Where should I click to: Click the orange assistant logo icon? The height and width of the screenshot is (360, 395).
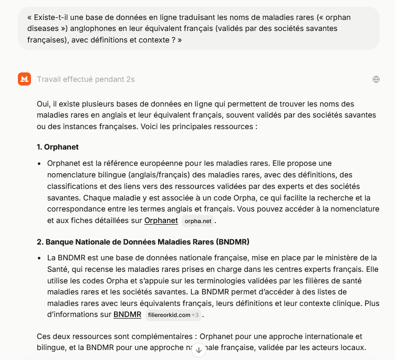pyautogui.click(x=25, y=79)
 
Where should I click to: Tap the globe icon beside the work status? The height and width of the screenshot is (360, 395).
pyautogui.click(x=376, y=79)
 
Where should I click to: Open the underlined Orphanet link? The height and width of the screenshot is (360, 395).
pyautogui.click(x=161, y=220)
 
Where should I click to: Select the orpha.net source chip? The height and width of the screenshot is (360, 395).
pyautogui.click(x=197, y=221)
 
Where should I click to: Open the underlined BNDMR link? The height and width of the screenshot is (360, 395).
pyautogui.click(x=127, y=315)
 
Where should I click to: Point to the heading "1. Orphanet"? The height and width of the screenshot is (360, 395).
pyautogui.click(x=58, y=147)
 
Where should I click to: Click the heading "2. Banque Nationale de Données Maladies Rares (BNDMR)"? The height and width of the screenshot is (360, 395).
pyautogui.click(x=143, y=242)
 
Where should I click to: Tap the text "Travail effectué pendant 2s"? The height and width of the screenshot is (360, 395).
pyautogui.click(x=86, y=79)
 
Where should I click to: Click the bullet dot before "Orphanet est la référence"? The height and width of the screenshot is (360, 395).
pyautogui.click(x=39, y=164)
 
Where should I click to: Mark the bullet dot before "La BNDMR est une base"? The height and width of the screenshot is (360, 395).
pyautogui.click(x=39, y=258)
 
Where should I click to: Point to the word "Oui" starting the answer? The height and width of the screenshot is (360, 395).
pyautogui.click(x=43, y=104)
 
